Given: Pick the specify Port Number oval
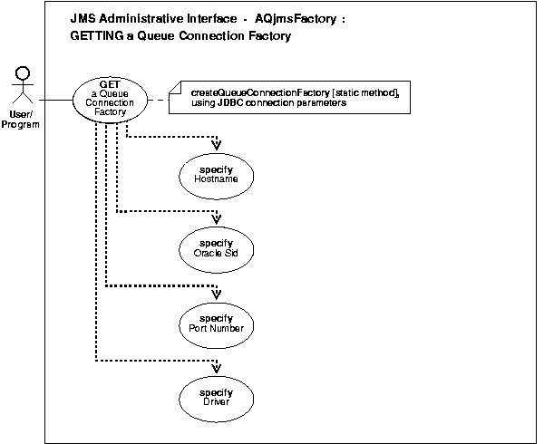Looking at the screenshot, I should [x=218, y=323].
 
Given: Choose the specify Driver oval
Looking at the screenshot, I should [x=218, y=396].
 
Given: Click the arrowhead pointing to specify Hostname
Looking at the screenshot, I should [x=218, y=145].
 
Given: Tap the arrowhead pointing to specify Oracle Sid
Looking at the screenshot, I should [x=218, y=218].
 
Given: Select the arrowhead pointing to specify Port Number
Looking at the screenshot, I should [x=218, y=293].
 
